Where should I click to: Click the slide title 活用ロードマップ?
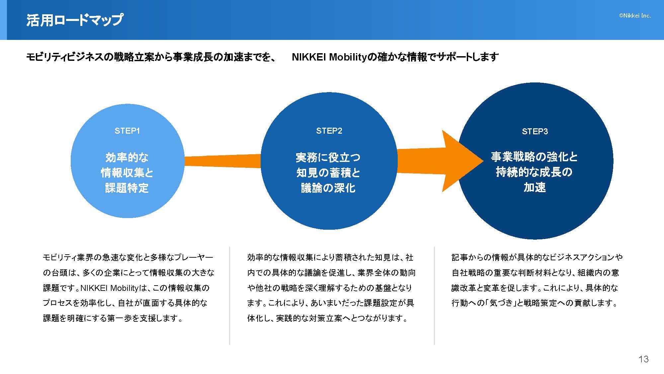click(75, 20)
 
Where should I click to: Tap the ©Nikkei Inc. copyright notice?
click(635, 16)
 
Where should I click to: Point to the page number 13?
click(643, 359)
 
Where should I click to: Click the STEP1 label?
click(127, 131)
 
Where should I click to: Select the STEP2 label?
click(329, 131)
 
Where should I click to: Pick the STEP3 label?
click(535, 132)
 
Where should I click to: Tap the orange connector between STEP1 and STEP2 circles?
click(222, 161)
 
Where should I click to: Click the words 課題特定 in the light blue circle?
click(127, 188)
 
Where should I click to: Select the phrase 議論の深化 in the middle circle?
click(328, 188)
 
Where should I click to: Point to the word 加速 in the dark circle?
click(535, 187)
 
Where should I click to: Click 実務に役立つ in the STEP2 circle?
click(328, 157)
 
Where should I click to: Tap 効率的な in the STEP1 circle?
click(127, 157)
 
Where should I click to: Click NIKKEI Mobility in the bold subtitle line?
click(329, 57)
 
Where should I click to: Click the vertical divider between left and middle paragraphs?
click(229, 296)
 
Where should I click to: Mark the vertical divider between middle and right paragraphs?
click(434, 296)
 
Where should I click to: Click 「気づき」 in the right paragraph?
click(502, 303)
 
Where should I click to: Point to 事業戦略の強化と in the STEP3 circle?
click(534, 157)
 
